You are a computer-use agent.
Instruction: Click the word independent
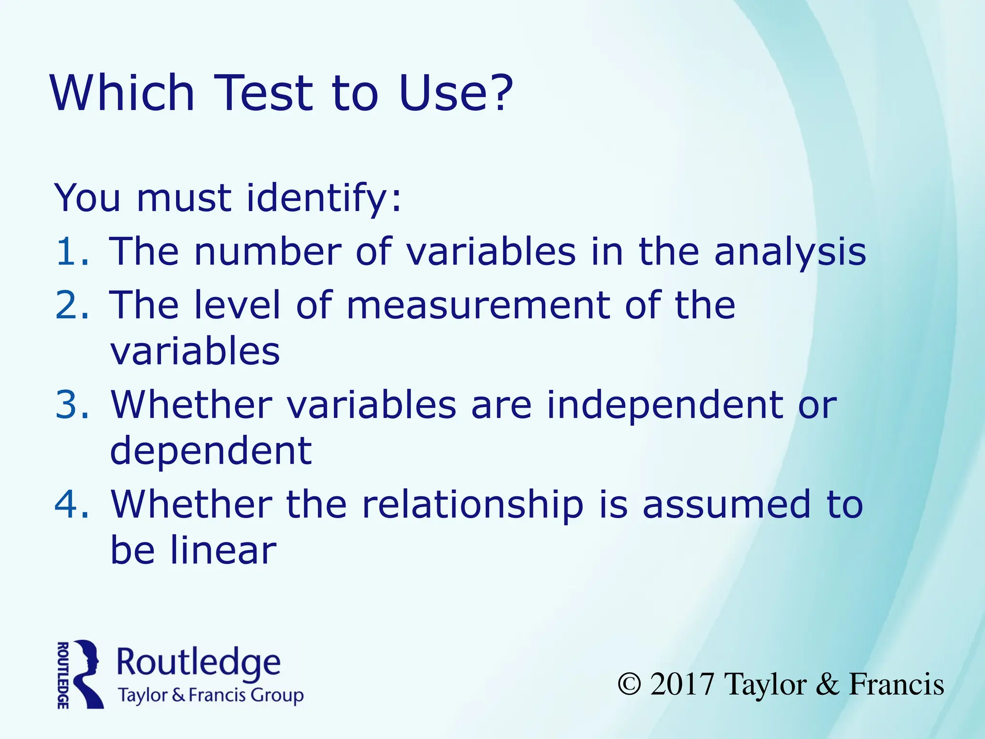[x=665, y=405]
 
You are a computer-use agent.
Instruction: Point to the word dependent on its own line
[x=211, y=451]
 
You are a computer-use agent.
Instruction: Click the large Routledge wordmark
[x=198, y=663]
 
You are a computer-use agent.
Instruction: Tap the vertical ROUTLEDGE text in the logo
[x=63, y=675]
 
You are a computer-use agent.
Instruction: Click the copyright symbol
[x=630, y=684]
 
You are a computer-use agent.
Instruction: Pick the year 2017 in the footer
[x=682, y=684]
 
